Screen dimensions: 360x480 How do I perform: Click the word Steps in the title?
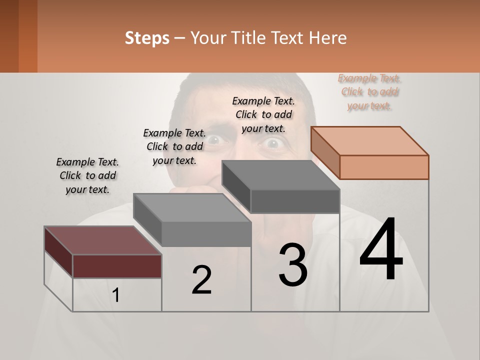[x=147, y=38]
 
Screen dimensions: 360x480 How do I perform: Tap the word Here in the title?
[x=328, y=38]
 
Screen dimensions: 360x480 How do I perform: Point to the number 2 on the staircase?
[x=201, y=279]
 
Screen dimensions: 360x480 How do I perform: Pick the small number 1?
[x=116, y=295]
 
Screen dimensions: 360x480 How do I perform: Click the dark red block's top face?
[x=102, y=240]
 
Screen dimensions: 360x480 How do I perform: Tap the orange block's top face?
[x=370, y=140]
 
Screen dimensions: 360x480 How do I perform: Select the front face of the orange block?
[x=384, y=167]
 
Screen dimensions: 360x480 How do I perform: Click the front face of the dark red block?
[x=117, y=266]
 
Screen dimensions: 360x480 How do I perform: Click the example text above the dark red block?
[x=87, y=175]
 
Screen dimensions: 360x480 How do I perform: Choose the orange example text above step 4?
[x=369, y=92]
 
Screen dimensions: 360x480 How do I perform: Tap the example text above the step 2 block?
[x=174, y=146]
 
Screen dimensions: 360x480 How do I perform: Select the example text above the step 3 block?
[x=263, y=114]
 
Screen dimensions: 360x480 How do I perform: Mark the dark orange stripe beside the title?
[x=28, y=36]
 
